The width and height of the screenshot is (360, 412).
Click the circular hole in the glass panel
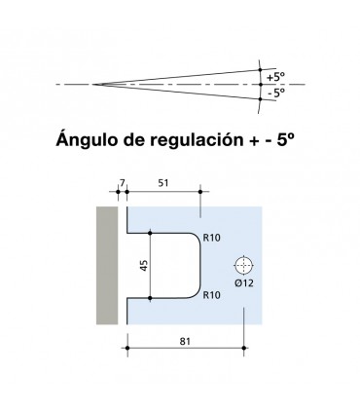[242, 264]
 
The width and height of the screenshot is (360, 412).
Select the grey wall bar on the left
[106, 264]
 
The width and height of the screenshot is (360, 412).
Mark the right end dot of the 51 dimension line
[199, 192]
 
